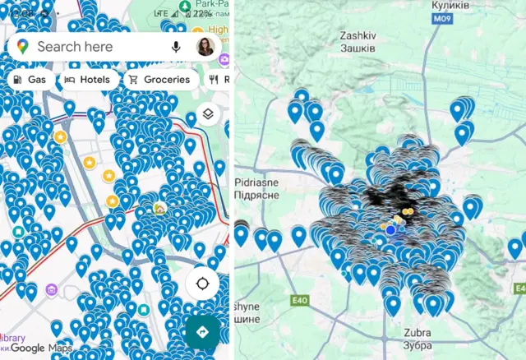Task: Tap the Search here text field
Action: pyautogui.click(x=82, y=47)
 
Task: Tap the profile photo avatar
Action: pyautogui.click(x=205, y=47)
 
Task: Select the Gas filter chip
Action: pyautogui.click(x=29, y=80)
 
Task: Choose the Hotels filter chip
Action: pyautogui.click(x=87, y=80)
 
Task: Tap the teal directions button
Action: pyautogui.click(x=202, y=332)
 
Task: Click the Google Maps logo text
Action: pyautogui.click(x=39, y=348)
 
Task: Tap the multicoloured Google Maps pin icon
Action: pyautogui.click(x=22, y=47)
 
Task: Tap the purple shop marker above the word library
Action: pyautogui.click(x=51, y=290)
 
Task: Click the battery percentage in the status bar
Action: pyautogui.click(x=201, y=14)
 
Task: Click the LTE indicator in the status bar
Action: pyautogui.click(x=160, y=14)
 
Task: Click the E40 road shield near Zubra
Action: pyautogui.click(x=300, y=300)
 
